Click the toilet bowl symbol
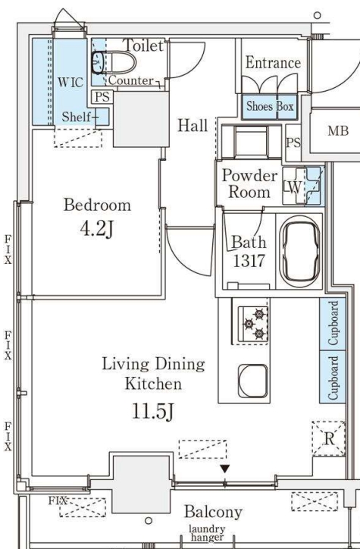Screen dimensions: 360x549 pos(114,63)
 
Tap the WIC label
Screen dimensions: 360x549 pos(70,83)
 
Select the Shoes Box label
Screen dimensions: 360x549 pos(270,106)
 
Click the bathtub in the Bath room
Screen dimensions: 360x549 pos(301,252)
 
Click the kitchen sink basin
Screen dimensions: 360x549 pos(253,381)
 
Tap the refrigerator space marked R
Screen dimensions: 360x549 pos(329,439)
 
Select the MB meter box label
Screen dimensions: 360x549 pos(338,131)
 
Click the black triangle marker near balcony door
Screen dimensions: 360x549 pos(224,469)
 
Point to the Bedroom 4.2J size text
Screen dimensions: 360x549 pos(96,229)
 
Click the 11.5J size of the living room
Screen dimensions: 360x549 pos(153,411)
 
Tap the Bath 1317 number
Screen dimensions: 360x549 pos(249,261)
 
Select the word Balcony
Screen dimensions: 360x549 pos(213,512)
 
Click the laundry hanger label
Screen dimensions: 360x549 pos(207,533)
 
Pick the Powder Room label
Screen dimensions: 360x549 pos(249,184)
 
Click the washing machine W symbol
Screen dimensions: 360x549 pos(294,187)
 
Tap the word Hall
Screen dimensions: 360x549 pos(193,125)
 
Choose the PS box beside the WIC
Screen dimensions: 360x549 pos(102,96)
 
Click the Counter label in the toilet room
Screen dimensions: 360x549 pos(131,80)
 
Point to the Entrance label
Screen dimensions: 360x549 pos(273,63)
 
